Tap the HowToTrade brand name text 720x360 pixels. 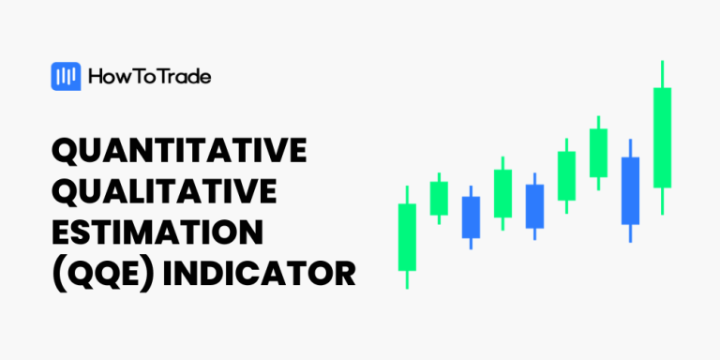tap(149, 77)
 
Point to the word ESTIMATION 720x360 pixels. tap(157, 233)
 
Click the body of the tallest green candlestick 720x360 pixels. tap(663, 138)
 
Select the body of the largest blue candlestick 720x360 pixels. tap(630, 190)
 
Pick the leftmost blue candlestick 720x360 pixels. tap(471, 217)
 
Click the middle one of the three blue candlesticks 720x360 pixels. tap(534, 206)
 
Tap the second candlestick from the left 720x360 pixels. tap(439, 198)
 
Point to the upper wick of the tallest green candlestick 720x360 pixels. tap(663, 74)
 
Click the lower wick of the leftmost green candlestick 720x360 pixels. tap(407, 279)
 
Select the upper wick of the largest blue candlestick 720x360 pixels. tap(630, 148)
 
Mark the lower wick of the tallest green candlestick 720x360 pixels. tap(663, 201)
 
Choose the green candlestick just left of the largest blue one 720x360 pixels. tap(598, 153)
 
